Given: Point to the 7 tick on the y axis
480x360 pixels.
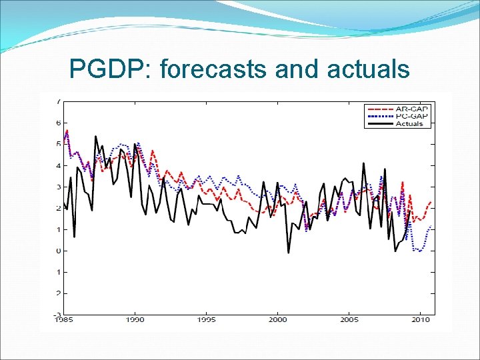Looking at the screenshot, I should tap(59, 101).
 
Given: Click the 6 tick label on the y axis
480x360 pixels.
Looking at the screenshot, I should tap(59, 123).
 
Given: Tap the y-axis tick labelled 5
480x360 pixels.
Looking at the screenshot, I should tap(59, 144).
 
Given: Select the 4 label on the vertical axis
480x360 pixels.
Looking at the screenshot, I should tap(59, 165).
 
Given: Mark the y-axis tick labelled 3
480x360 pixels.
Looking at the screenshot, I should tap(59, 187).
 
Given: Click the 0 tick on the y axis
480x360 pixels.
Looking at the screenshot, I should tap(59, 251).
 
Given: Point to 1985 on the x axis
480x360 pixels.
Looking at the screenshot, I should tap(64, 320).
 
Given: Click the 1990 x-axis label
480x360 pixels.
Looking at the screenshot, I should tap(135, 320).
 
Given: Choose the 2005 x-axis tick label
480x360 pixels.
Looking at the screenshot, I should tap(349, 320).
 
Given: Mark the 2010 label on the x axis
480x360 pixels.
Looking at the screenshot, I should tap(420, 320).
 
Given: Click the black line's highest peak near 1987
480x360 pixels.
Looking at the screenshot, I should tap(96, 136).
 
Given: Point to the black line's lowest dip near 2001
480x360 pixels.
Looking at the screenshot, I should tap(288, 253).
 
